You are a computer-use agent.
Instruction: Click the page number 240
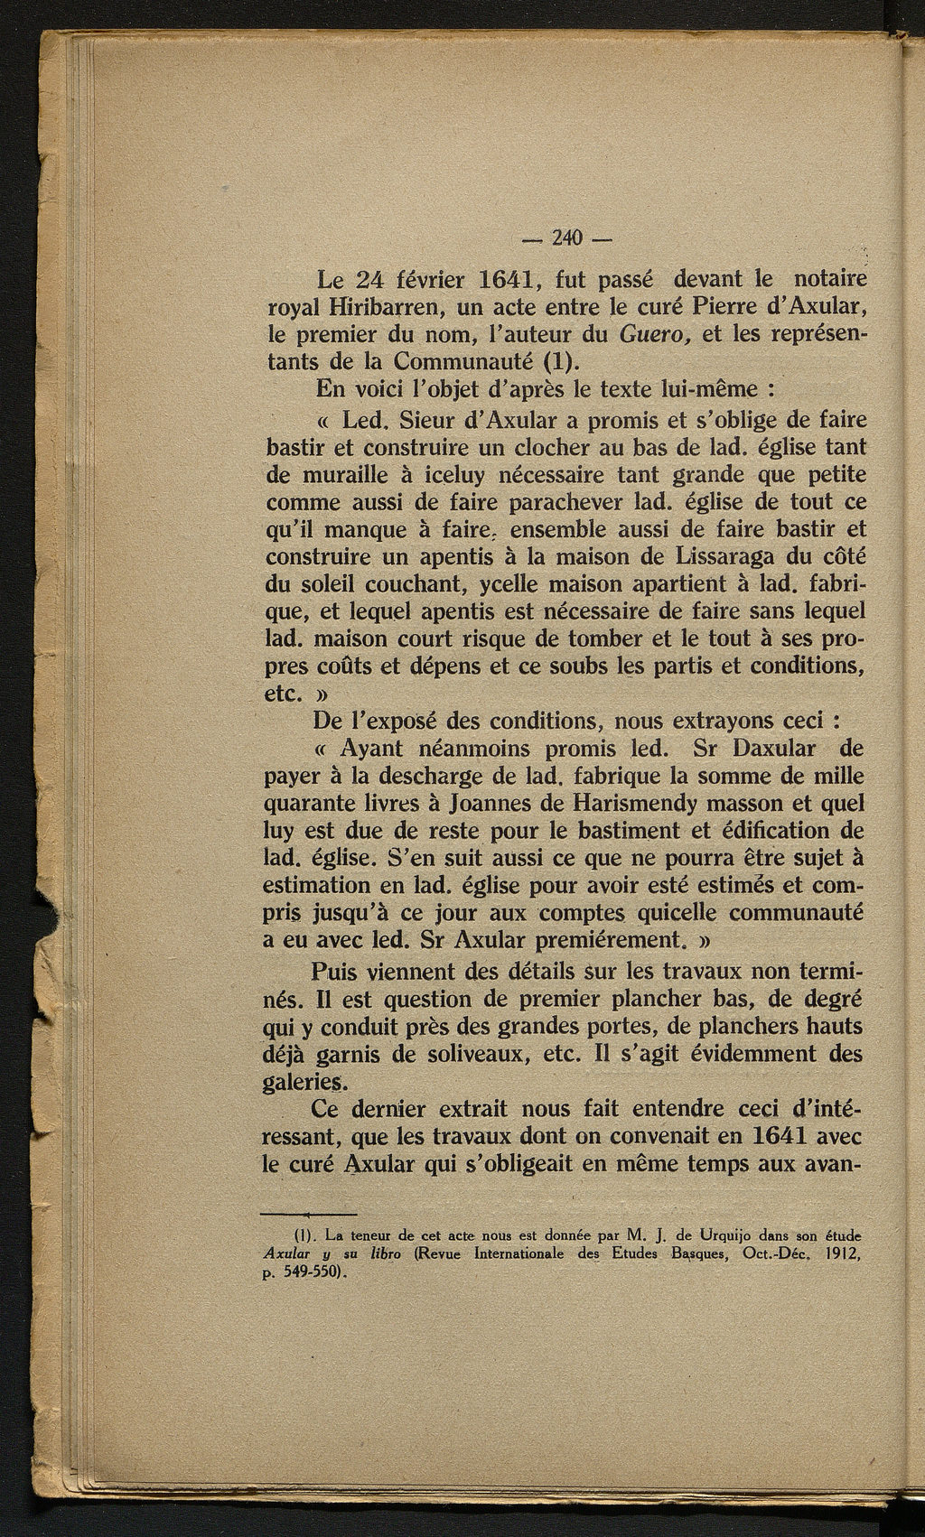click(566, 238)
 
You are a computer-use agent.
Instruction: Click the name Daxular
click(775, 748)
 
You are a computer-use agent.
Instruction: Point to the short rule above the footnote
click(309, 1215)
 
